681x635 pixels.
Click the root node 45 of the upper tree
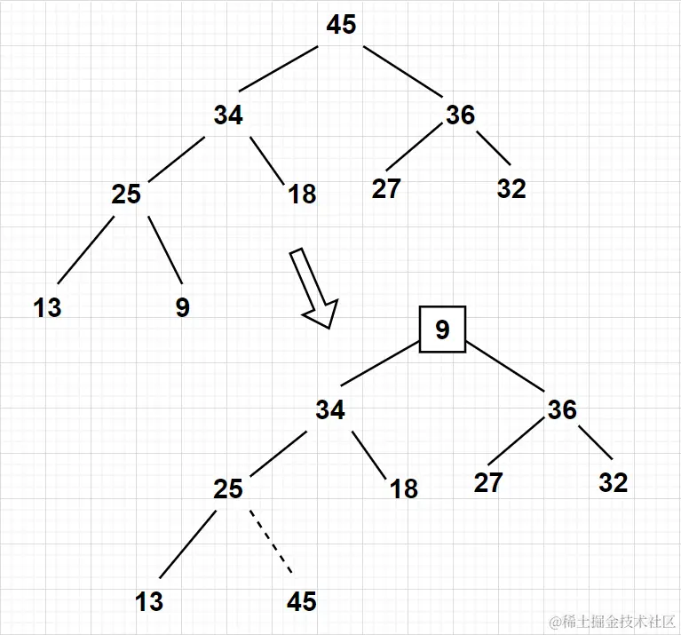coord(341,25)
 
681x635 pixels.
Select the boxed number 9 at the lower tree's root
coord(442,330)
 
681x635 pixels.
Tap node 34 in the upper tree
coord(228,115)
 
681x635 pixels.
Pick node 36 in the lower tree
coord(562,410)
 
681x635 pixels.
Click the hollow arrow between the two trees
coord(315,289)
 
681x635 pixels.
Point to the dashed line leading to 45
coord(269,540)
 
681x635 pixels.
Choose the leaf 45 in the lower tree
coord(302,602)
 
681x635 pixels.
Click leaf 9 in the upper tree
coord(182,308)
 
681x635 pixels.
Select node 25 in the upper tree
coord(126,194)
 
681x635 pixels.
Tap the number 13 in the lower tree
coord(149,602)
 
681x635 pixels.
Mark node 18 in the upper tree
coord(302,194)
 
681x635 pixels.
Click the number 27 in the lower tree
coord(487,483)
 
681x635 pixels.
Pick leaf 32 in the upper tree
coord(511,189)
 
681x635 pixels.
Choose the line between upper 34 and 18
coord(266,159)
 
